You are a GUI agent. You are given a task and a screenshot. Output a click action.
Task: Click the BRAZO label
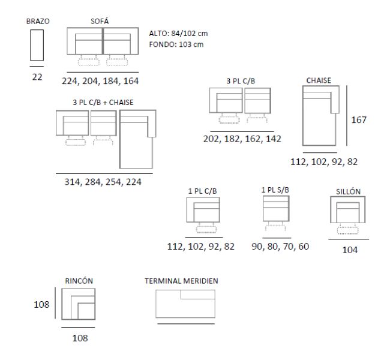pyautogui.click(x=38, y=22)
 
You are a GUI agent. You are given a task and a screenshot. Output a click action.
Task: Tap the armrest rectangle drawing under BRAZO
pyautogui.click(x=37, y=45)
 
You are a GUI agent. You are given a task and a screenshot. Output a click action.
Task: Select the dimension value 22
pyautogui.click(x=37, y=77)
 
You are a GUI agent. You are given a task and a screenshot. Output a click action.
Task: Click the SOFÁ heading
pyautogui.click(x=100, y=21)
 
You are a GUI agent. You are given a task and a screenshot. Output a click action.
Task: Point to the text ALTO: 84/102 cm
pyautogui.click(x=178, y=34)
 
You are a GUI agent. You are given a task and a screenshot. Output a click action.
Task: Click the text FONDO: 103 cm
pyautogui.click(x=176, y=44)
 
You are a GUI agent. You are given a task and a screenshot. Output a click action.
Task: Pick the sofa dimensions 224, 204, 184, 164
pyautogui.click(x=100, y=81)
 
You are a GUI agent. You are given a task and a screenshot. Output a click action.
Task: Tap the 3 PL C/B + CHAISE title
pyautogui.click(x=103, y=103)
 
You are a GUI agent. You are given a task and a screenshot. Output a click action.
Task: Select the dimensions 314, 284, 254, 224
pyautogui.click(x=103, y=182)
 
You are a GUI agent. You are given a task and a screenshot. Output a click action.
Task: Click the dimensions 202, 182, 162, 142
pyautogui.click(x=242, y=139)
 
